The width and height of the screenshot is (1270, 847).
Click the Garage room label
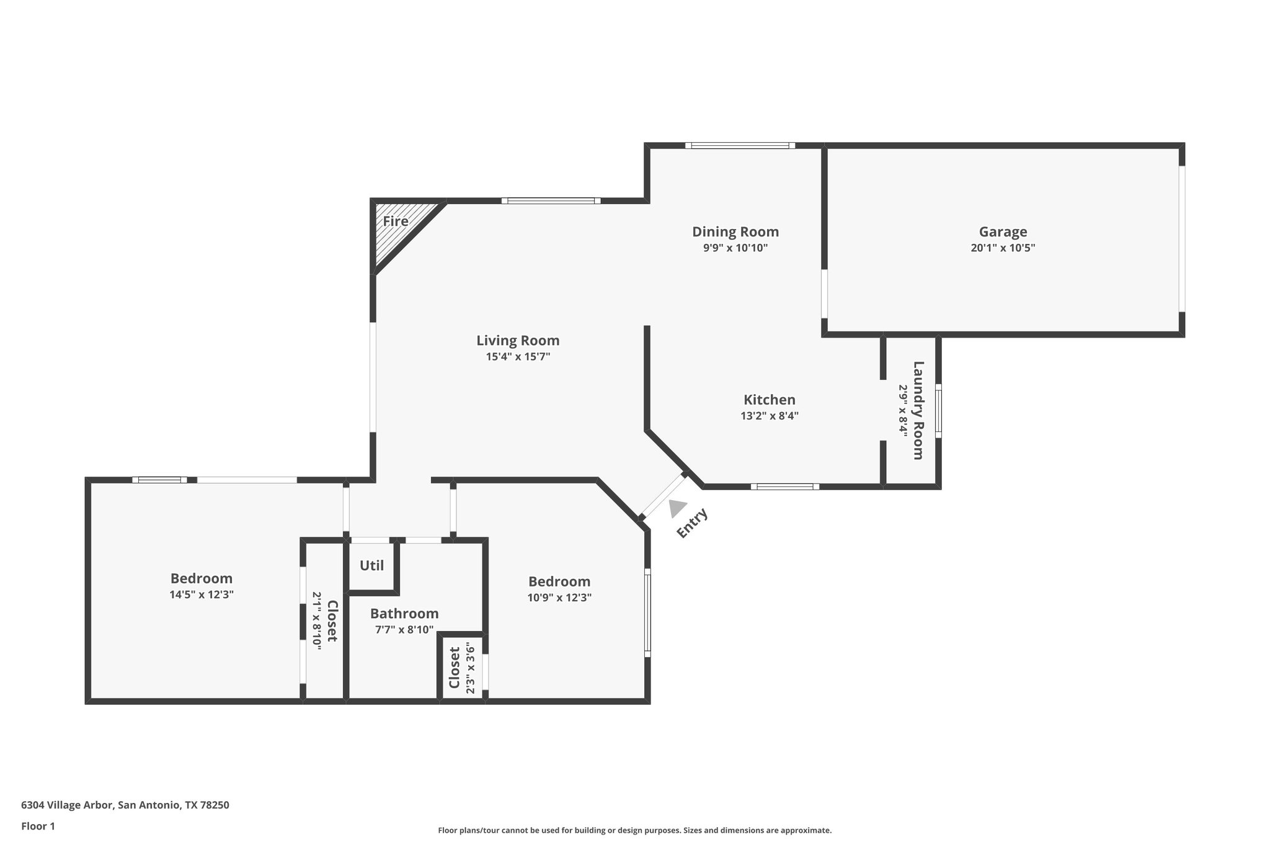[1003, 232]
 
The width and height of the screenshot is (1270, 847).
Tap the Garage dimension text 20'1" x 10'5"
[1003, 248]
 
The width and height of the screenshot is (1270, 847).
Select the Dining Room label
[735, 232]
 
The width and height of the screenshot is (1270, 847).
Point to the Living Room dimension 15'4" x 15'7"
[518, 357]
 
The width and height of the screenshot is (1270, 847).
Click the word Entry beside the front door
[692, 523]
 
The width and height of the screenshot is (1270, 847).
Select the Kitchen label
[770, 400]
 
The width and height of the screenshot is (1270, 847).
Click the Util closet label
[372, 566]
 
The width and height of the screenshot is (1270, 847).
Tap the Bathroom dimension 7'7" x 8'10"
[404, 630]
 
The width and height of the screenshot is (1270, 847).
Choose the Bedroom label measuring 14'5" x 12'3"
[202, 579]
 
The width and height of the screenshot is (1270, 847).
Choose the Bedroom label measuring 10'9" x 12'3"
[559, 582]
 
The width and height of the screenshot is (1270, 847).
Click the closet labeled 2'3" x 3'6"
[461, 668]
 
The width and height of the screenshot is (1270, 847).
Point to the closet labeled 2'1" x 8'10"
[325, 621]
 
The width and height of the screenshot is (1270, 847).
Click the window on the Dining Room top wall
[739, 146]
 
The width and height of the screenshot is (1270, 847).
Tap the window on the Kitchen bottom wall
[784, 486]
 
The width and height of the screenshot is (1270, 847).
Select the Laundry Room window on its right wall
[938, 410]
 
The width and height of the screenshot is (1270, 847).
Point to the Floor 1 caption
[38, 827]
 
